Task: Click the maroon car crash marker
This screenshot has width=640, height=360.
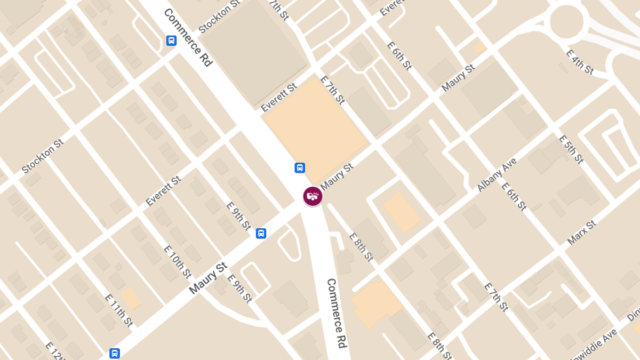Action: click(x=313, y=196)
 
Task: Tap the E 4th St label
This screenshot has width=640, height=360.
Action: click(x=579, y=62)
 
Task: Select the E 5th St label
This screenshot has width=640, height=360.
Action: click(x=571, y=149)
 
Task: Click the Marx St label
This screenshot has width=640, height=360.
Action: click(x=581, y=233)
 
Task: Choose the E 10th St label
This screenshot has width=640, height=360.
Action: click(x=177, y=262)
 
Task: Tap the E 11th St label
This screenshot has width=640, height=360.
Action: click(x=118, y=310)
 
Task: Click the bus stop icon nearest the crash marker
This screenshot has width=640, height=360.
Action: click(x=300, y=168)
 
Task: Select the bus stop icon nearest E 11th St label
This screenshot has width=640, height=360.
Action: click(x=115, y=353)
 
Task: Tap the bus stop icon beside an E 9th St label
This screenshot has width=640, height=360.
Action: click(x=261, y=233)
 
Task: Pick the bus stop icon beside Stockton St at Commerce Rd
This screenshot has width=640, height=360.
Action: click(x=171, y=41)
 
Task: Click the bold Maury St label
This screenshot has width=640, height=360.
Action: click(x=208, y=277)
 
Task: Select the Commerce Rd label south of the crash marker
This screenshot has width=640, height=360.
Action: click(x=337, y=313)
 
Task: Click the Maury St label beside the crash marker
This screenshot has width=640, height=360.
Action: click(x=337, y=175)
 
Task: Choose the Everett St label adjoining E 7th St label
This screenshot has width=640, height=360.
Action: click(x=278, y=98)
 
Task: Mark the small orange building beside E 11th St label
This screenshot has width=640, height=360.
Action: click(x=131, y=298)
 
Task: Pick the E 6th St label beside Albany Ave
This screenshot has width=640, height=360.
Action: click(x=514, y=196)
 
